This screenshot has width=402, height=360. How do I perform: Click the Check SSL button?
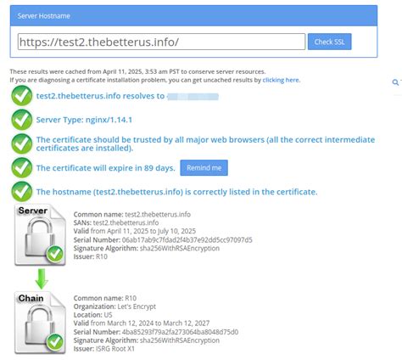[x=329, y=42]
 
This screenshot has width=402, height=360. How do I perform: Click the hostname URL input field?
[x=161, y=42]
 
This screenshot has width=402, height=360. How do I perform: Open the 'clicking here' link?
[x=282, y=80]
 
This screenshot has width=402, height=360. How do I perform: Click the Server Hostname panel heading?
[x=47, y=14]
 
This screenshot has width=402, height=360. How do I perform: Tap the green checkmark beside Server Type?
[x=22, y=120]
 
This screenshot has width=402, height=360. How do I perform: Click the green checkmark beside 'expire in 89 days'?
[x=22, y=167]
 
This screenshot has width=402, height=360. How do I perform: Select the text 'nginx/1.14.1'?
[x=110, y=120]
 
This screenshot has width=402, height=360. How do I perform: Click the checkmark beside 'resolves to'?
[x=22, y=97]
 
